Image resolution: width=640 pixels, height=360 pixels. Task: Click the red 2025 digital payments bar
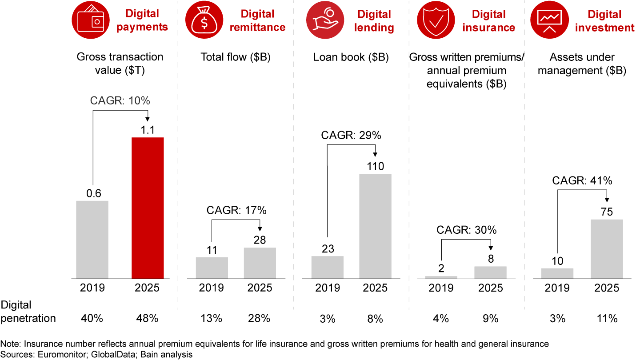pyautogui.click(x=148, y=208)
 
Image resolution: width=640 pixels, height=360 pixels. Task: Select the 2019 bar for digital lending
pyautogui.click(x=327, y=267)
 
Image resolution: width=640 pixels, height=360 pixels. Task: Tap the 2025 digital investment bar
pyautogui.click(x=607, y=249)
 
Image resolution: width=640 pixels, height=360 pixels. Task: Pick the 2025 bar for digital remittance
pyautogui.click(x=260, y=263)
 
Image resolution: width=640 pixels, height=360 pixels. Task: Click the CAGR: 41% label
pyautogui.click(x=582, y=181)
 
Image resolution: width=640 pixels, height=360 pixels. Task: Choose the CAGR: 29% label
pyautogui.click(x=351, y=136)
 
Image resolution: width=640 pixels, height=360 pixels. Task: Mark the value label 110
pyautogui.click(x=376, y=167)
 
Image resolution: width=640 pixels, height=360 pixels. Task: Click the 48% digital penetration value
pyautogui.click(x=147, y=319)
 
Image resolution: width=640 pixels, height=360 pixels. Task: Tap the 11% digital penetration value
pyautogui.click(x=607, y=319)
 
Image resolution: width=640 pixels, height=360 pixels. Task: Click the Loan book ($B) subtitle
pyautogui.click(x=351, y=57)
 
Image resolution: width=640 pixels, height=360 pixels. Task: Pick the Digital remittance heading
pyautogui.click(x=263, y=21)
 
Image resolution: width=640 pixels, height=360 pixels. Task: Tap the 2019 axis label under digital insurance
pyautogui.click(x=441, y=288)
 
